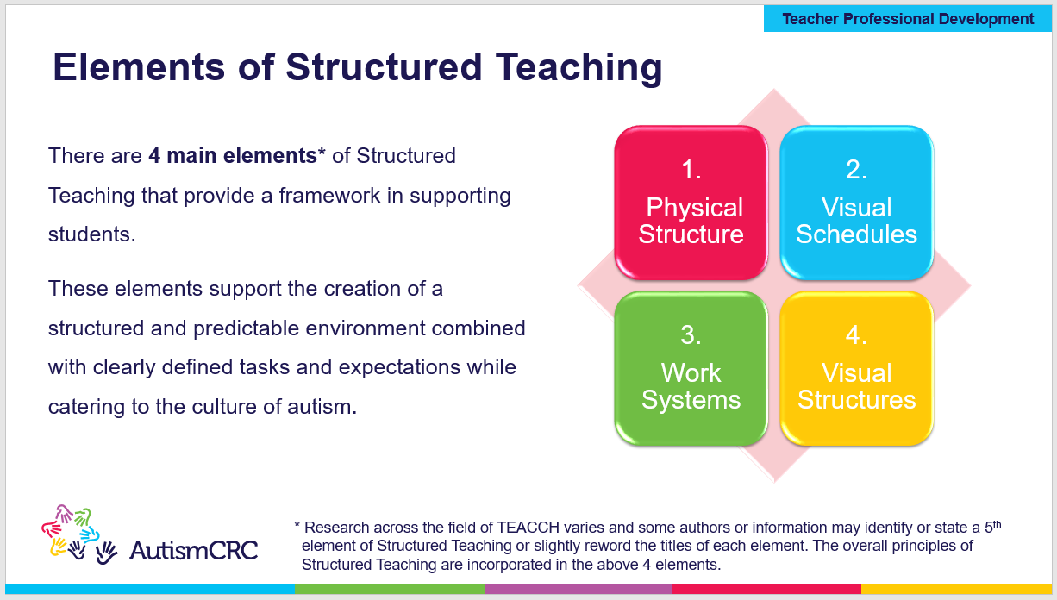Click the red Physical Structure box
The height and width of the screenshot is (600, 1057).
[691, 203]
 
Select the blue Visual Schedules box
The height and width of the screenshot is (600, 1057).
[856, 203]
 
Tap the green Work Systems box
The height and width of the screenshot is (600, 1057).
[691, 369]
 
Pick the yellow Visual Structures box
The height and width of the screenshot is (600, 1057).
[856, 369]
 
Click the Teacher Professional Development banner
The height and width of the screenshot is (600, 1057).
[908, 18]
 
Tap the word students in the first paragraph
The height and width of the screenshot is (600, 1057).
[91, 234]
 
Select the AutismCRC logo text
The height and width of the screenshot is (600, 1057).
[193, 550]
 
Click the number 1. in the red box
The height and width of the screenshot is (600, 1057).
[691, 170]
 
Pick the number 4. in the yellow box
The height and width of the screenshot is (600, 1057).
[856, 335]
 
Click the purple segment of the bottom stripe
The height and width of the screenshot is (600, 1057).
[578, 590]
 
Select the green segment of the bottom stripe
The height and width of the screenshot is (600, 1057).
[390, 590]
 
